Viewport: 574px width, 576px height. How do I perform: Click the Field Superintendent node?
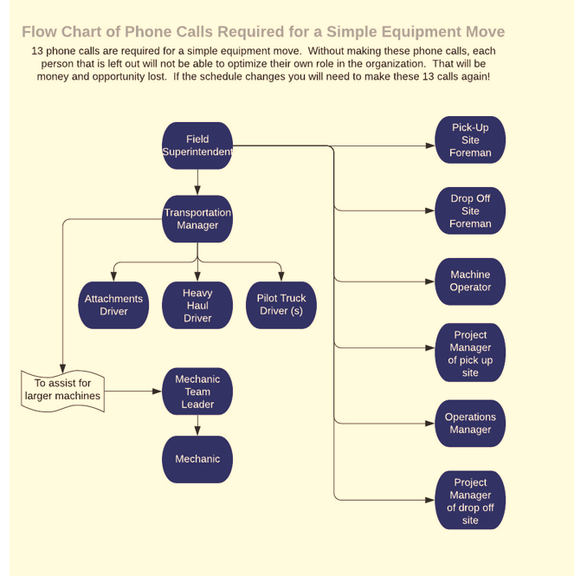click(197, 146)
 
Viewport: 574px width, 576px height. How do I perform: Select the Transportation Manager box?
click(197, 218)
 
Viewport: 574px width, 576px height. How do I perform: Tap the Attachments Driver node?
click(113, 305)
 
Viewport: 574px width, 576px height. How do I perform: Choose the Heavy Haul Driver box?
click(197, 305)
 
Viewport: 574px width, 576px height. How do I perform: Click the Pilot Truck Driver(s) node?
click(281, 305)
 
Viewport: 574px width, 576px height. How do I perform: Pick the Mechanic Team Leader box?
click(197, 392)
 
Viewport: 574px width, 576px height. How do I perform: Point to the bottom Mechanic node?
click(197, 459)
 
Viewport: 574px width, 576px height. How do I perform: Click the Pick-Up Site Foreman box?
click(470, 140)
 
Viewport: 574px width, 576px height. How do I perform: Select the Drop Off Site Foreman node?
click(470, 210)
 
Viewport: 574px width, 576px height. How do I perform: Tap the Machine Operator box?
click(470, 282)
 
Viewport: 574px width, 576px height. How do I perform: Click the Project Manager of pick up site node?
click(470, 353)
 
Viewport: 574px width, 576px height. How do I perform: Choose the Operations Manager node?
click(470, 423)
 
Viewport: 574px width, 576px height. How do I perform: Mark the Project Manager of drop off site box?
click(470, 502)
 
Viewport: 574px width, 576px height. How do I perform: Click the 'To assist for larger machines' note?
click(62, 391)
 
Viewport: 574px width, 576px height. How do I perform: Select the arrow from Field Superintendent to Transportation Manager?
click(197, 182)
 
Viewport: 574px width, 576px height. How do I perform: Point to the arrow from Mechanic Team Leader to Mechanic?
click(197, 425)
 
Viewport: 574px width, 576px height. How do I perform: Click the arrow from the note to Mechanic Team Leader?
click(133, 391)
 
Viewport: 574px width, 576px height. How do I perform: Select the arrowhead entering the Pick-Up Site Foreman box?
click(430, 146)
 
